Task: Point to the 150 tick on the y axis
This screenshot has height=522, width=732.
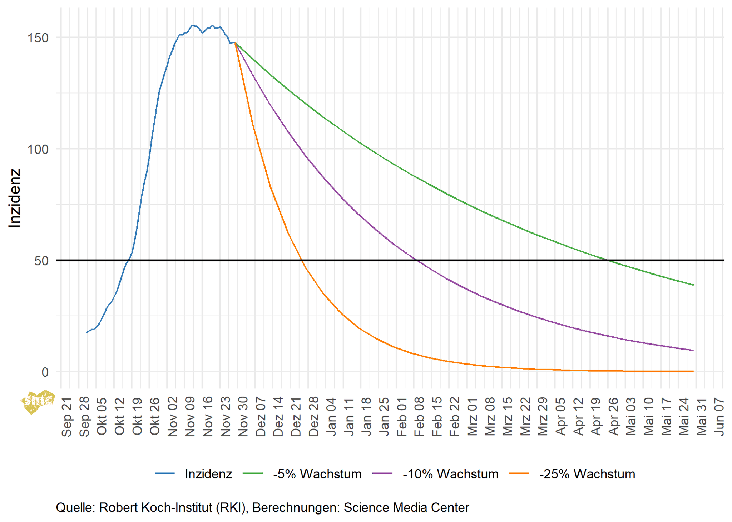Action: [38, 38]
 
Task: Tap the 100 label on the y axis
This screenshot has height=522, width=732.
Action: [38, 149]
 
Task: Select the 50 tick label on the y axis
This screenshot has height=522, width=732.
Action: [41, 261]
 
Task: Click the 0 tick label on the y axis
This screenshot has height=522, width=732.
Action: [45, 372]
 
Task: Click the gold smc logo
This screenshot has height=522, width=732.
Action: [38, 401]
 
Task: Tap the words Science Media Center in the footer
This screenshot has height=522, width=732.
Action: [406, 507]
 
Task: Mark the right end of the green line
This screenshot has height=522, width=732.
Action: [693, 285]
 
